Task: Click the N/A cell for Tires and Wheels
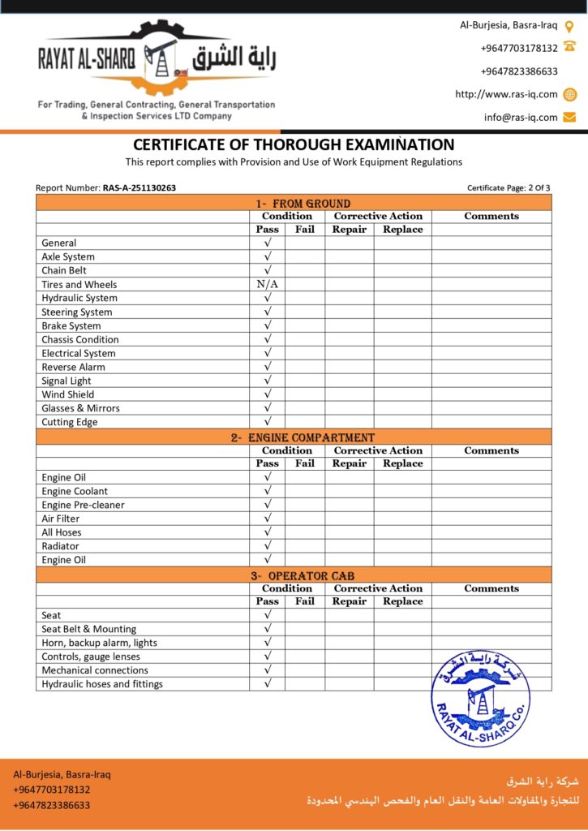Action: tap(267, 285)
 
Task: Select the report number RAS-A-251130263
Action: tap(139, 188)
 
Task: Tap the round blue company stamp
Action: tap(480, 698)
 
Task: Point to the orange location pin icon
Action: tap(569, 26)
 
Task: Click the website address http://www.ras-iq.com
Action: tap(506, 94)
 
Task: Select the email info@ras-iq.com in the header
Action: tap(521, 117)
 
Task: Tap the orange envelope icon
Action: tap(569, 117)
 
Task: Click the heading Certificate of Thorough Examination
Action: tap(294, 145)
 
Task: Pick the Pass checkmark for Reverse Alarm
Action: tap(267, 367)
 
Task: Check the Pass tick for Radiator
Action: tap(267, 546)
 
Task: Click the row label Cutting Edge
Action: tap(70, 422)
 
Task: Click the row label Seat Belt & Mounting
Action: tap(89, 629)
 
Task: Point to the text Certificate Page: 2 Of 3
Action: tap(509, 188)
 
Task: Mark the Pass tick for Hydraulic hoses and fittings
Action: tap(267, 684)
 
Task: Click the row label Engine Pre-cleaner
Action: tap(83, 505)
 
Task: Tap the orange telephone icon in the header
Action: tap(569, 48)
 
